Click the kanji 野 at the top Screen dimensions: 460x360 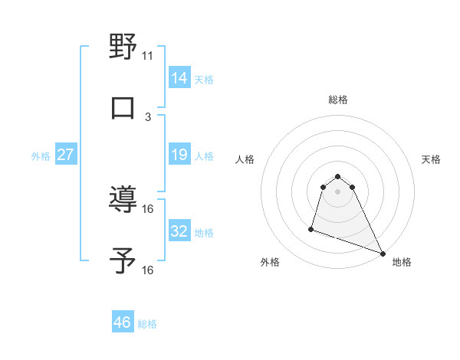pyautogui.click(x=123, y=47)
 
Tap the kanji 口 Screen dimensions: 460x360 pyautogui.click(x=123, y=107)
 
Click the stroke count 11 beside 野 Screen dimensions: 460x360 pyautogui.click(x=148, y=55)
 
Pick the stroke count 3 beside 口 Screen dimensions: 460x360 pyautogui.click(x=148, y=116)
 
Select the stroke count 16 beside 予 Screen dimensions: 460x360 pyautogui.click(x=148, y=270)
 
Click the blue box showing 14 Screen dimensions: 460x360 pyautogui.click(x=179, y=77)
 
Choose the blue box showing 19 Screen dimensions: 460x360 pyautogui.click(x=179, y=155)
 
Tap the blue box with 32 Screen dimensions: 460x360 pyautogui.click(x=179, y=231)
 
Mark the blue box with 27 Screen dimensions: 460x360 pyautogui.click(x=65, y=155)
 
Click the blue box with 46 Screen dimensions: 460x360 pyautogui.click(x=123, y=322)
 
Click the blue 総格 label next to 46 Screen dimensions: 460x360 pyautogui.click(x=147, y=324)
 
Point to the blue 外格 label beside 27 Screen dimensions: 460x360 pyautogui.click(x=41, y=156)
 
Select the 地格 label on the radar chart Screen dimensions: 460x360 pyautogui.click(x=402, y=262)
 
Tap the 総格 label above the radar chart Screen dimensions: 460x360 pyautogui.click(x=338, y=100)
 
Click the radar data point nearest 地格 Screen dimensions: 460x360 pyautogui.click(x=382, y=254)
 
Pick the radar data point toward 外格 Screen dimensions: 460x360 pyautogui.click(x=311, y=228)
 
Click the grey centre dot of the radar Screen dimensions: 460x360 pyautogui.click(x=338, y=201)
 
